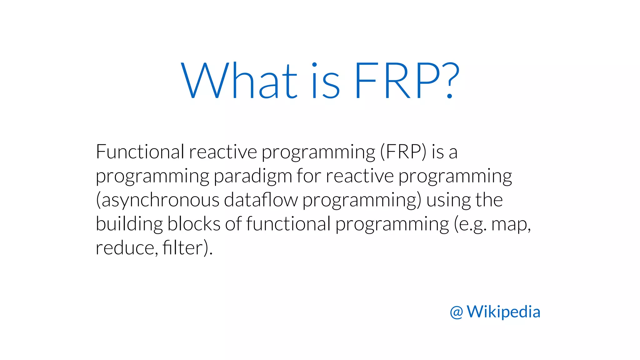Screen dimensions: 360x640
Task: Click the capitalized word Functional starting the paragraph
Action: pyautogui.click(x=140, y=152)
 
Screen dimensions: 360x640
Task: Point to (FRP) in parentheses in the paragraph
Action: pyautogui.click(x=403, y=152)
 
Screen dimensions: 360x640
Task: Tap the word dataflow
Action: pyautogui.click(x=261, y=200)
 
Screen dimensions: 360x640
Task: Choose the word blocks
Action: pyautogui.click(x=194, y=224)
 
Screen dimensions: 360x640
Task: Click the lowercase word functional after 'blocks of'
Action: pyautogui.click(x=288, y=224)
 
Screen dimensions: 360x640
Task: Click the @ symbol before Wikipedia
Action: pyautogui.click(x=456, y=312)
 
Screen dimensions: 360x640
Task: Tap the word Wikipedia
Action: pyautogui.click(x=503, y=312)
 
